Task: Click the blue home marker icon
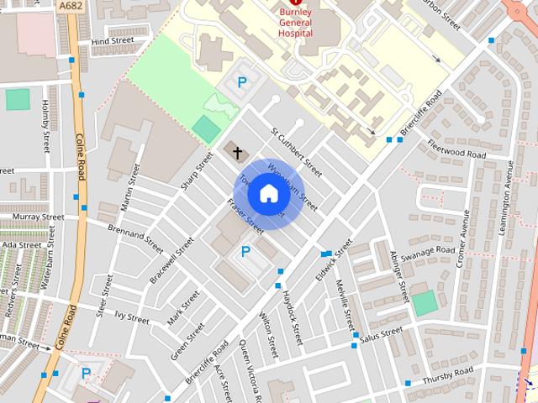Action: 268,193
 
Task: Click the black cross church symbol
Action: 238,152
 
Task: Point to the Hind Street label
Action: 112,39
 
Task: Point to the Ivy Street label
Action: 132,318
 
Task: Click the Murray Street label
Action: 39,217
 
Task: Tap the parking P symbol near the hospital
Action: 242,82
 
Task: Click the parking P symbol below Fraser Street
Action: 246,251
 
